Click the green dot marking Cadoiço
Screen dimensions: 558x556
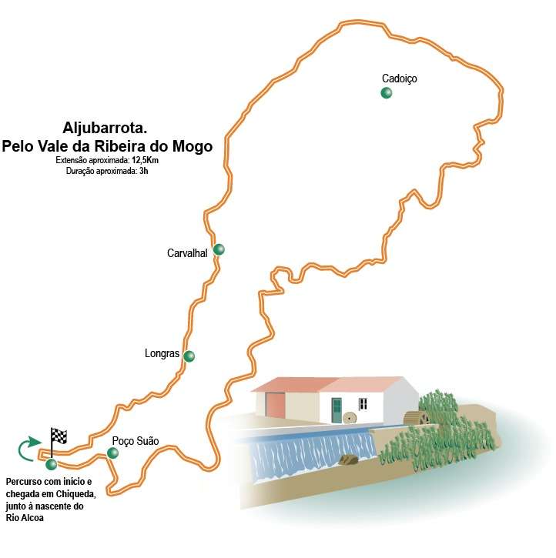coord(386,93)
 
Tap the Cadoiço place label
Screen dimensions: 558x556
coord(400,79)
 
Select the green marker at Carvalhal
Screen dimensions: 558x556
coord(219,249)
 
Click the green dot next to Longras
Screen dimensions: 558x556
coord(189,356)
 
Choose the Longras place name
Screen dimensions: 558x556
coord(162,354)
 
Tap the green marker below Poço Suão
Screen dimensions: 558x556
coord(112,453)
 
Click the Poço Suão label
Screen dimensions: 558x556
coord(135,441)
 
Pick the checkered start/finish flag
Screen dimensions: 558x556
coord(59,438)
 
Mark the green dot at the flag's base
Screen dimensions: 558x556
coord(52,464)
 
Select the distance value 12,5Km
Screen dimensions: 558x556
coord(139,160)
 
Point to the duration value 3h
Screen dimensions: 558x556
coord(142,170)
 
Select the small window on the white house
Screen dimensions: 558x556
coord(362,403)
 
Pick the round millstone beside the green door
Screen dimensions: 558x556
coord(349,419)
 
